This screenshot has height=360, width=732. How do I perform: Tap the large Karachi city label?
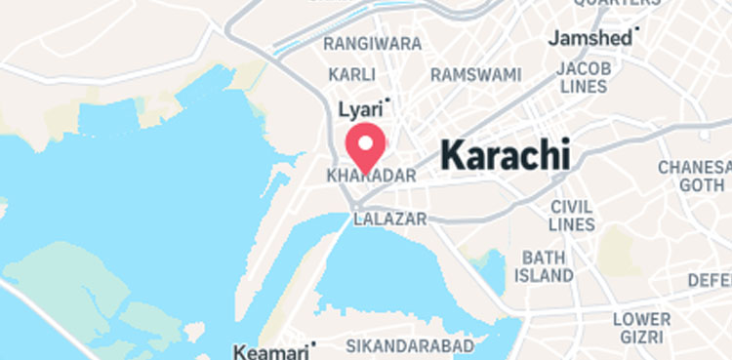point(505,155)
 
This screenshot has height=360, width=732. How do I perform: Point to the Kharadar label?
point(372,177)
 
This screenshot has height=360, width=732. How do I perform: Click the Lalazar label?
point(390,219)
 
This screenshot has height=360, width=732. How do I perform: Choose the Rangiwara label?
point(373,44)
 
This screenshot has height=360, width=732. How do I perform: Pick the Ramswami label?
point(476,74)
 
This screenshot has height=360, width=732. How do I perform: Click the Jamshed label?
point(590,38)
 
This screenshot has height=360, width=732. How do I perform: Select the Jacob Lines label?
point(584,77)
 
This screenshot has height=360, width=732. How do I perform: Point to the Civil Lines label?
point(572,216)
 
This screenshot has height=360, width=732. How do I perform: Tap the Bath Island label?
point(545,266)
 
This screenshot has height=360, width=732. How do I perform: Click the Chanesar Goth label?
point(694,176)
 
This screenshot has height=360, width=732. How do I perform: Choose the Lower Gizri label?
point(642,329)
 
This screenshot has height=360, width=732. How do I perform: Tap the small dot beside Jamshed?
point(637,29)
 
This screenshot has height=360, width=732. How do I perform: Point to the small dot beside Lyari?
point(388,100)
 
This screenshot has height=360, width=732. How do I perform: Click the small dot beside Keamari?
point(314,343)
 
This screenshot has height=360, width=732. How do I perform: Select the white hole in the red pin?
point(366,143)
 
